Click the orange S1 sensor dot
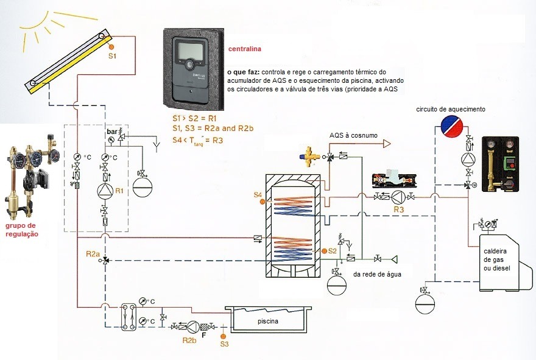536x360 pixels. (x=111, y=47)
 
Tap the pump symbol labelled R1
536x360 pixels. (x=105, y=191)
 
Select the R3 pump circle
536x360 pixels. (x=398, y=197)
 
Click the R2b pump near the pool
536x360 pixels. (x=194, y=327)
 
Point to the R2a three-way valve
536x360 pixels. (x=105, y=260)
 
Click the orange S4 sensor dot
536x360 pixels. (x=263, y=202)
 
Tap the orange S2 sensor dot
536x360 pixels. (x=324, y=251)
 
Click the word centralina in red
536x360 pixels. (x=244, y=49)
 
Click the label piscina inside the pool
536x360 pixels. (x=267, y=322)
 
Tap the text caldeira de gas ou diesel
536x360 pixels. (x=496, y=260)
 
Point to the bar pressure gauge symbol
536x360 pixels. (x=110, y=139)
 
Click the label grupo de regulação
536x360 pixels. (x=21, y=230)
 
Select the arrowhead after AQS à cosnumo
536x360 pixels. (x=387, y=144)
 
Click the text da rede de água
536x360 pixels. (x=377, y=274)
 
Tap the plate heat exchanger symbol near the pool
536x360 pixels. (x=129, y=317)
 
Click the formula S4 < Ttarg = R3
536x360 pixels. (x=197, y=140)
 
